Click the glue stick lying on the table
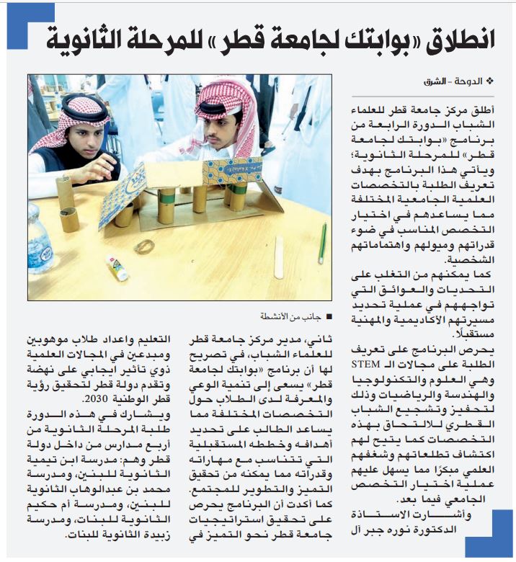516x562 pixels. click(x=117, y=267)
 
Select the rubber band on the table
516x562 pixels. click(x=144, y=246)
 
